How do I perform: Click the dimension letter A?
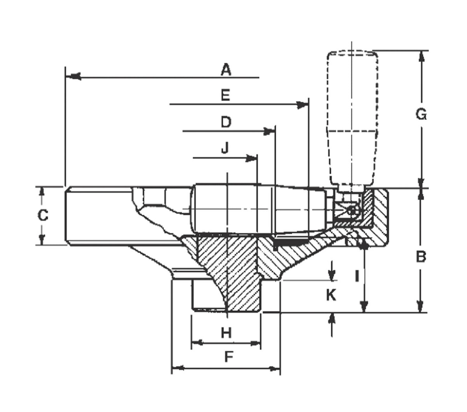(226, 70)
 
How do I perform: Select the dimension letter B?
(421, 257)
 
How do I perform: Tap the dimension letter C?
(43, 215)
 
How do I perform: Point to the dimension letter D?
(226, 122)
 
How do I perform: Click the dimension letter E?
(225, 95)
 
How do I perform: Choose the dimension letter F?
(229, 357)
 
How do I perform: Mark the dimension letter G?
(421, 114)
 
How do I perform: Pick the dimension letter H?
(226, 333)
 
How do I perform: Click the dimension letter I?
(357, 276)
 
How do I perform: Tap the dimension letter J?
(225, 148)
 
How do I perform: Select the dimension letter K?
(331, 294)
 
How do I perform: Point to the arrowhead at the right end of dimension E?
(302, 105)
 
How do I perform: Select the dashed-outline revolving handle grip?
(352, 118)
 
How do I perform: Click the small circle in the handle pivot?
(351, 210)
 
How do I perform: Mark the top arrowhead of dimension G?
(421, 57)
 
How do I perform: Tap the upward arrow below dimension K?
(332, 324)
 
